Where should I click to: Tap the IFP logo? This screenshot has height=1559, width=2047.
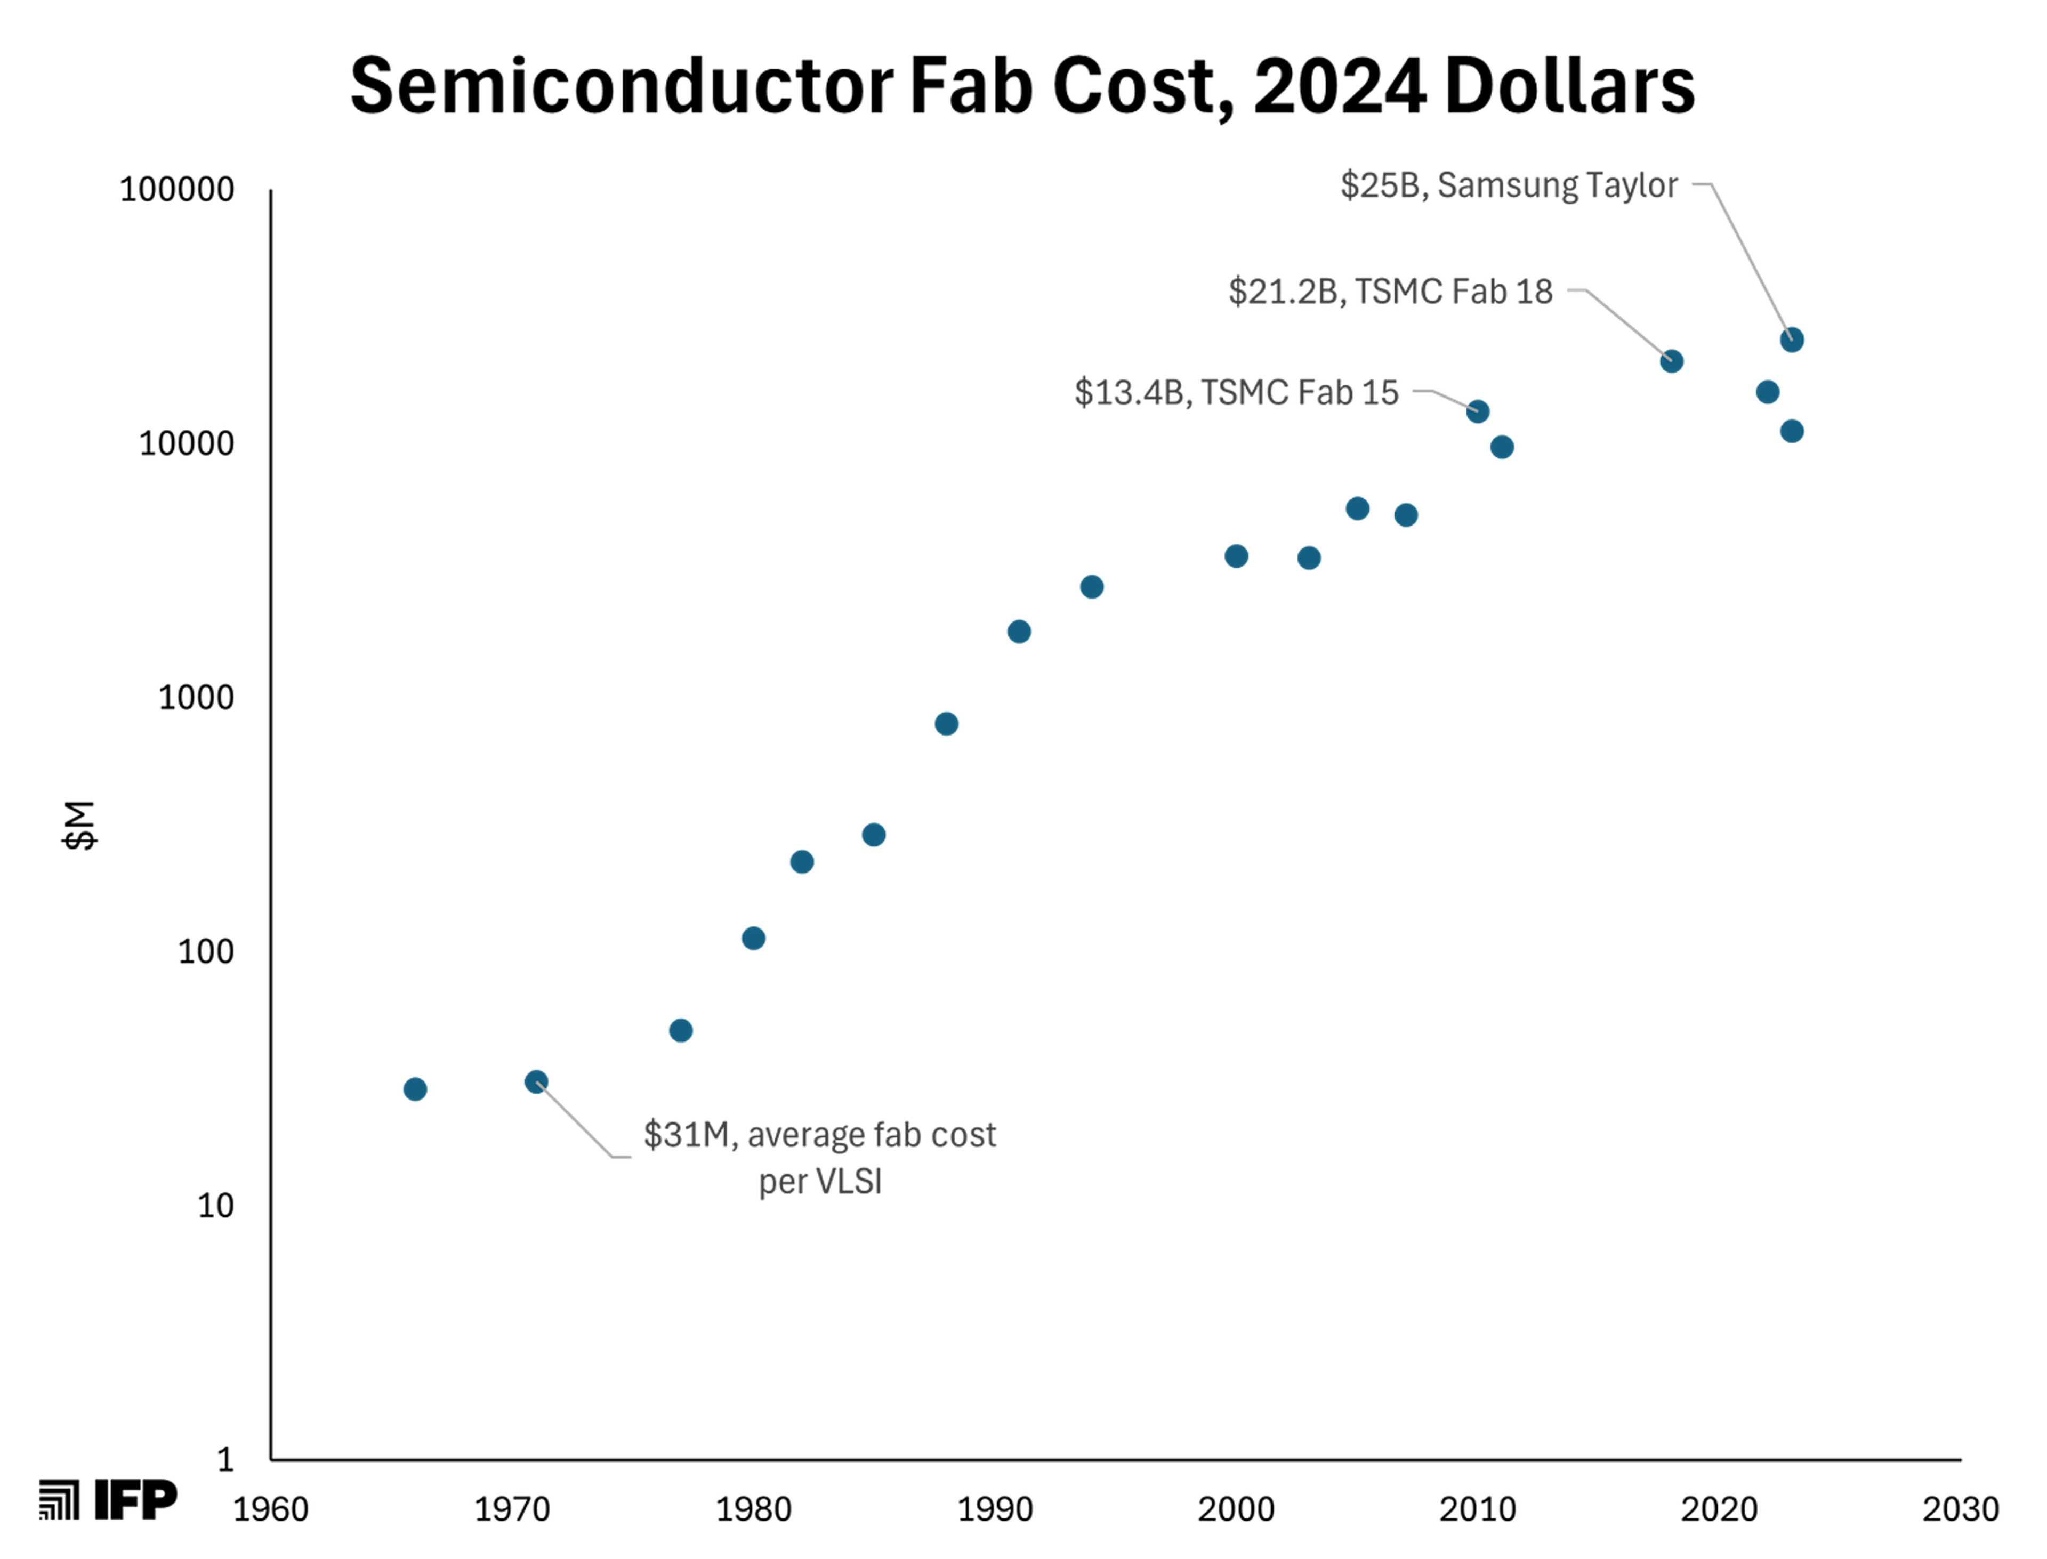click(x=108, y=1500)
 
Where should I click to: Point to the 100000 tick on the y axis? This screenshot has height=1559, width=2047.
click(x=177, y=189)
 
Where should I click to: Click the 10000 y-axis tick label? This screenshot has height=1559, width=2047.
click(x=187, y=443)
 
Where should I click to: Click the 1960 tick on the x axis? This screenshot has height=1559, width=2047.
click(x=271, y=1510)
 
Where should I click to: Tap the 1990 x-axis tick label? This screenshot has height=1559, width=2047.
click(x=995, y=1510)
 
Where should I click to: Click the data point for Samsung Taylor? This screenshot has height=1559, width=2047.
click(x=1792, y=340)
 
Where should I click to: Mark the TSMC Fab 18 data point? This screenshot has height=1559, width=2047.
click(x=1671, y=361)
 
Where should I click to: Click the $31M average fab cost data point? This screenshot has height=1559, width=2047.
click(x=536, y=1082)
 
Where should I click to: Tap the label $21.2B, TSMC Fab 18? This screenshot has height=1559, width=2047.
click(x=1391, y=292)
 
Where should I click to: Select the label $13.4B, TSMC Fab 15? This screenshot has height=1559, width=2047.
click(x=1237, y=392)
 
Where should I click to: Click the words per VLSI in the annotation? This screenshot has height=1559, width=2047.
click(x=820, y=1182)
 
